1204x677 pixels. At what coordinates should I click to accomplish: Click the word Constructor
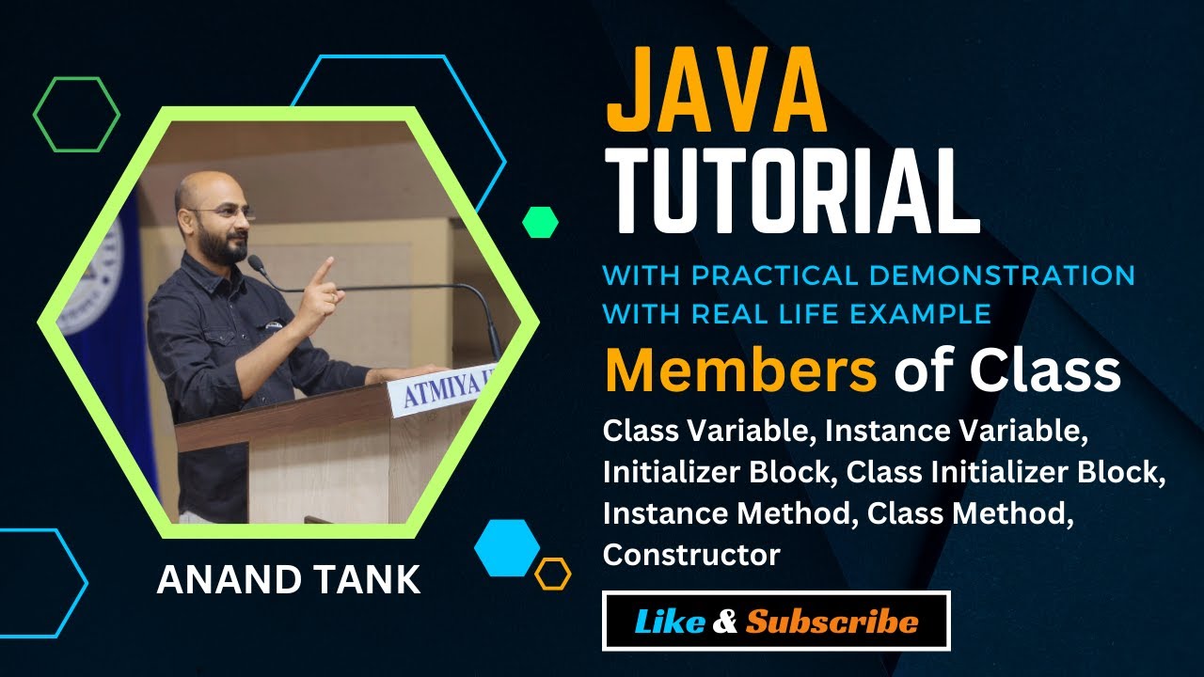point(691,555)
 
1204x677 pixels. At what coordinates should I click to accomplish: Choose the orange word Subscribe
point(832,622)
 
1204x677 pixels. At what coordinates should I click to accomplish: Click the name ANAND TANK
point(289,579)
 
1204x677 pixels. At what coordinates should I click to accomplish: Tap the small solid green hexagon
point(540,222)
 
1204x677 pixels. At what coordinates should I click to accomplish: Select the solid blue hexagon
point(507,547)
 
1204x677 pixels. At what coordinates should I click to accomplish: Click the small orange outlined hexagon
point(553,574)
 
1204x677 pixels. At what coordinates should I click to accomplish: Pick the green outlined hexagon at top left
point(76,114)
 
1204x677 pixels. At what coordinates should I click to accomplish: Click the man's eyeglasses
point(230,213)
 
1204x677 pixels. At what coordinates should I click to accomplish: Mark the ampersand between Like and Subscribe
point(726,622)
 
